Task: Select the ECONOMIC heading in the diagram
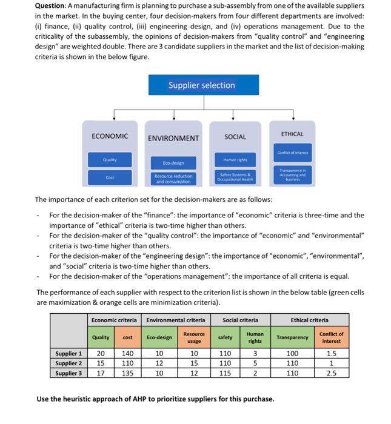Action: (110, 136)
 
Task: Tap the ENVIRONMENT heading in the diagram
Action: (174, 138)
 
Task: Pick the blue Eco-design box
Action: (173, 162)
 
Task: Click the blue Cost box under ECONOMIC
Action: (110, 177)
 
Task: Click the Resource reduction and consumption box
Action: (173, 179)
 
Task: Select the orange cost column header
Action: (127, 337)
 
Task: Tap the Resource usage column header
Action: (194, 337)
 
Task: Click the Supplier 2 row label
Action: (69, 363)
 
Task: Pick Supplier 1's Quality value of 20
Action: (101, 353)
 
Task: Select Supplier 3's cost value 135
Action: (127, 373)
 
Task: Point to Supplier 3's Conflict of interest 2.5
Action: (331, 373)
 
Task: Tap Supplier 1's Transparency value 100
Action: (292, 353)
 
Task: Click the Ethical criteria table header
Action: (309, 320)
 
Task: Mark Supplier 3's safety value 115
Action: (225, 373)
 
